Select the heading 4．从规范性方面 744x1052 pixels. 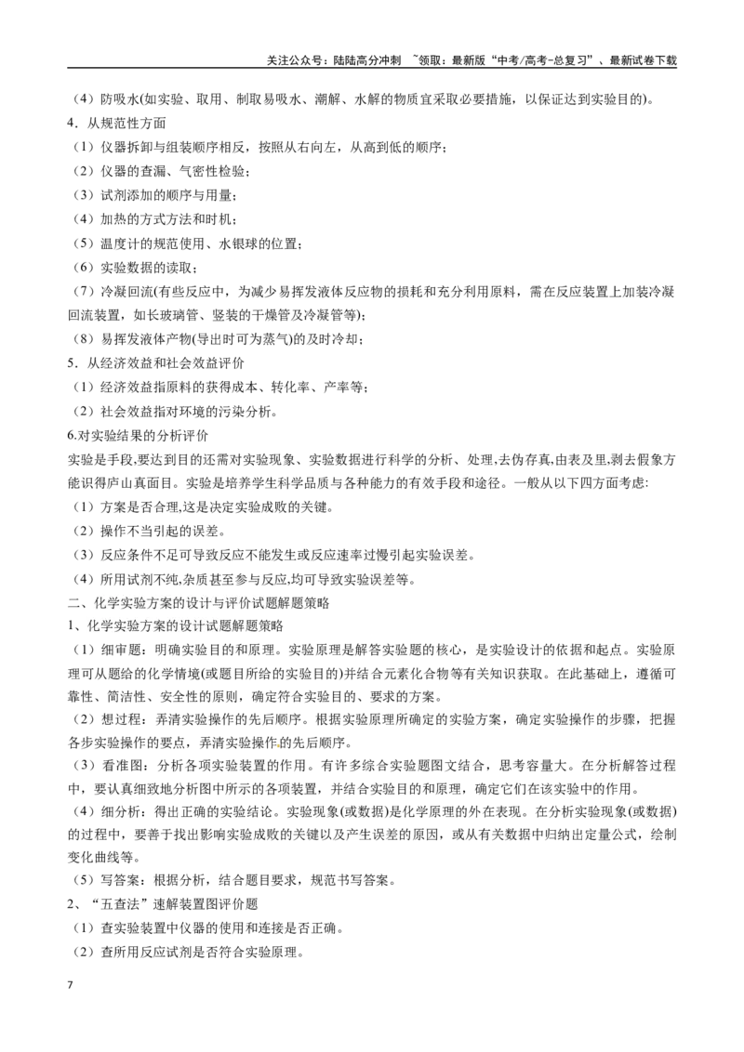click(x=117, y=124)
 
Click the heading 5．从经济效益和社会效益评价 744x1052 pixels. click(x=156, y=363)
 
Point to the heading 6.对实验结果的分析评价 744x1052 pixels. click(x=138, y=436)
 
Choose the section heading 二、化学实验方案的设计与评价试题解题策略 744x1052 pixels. click(x=199, y=602)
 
